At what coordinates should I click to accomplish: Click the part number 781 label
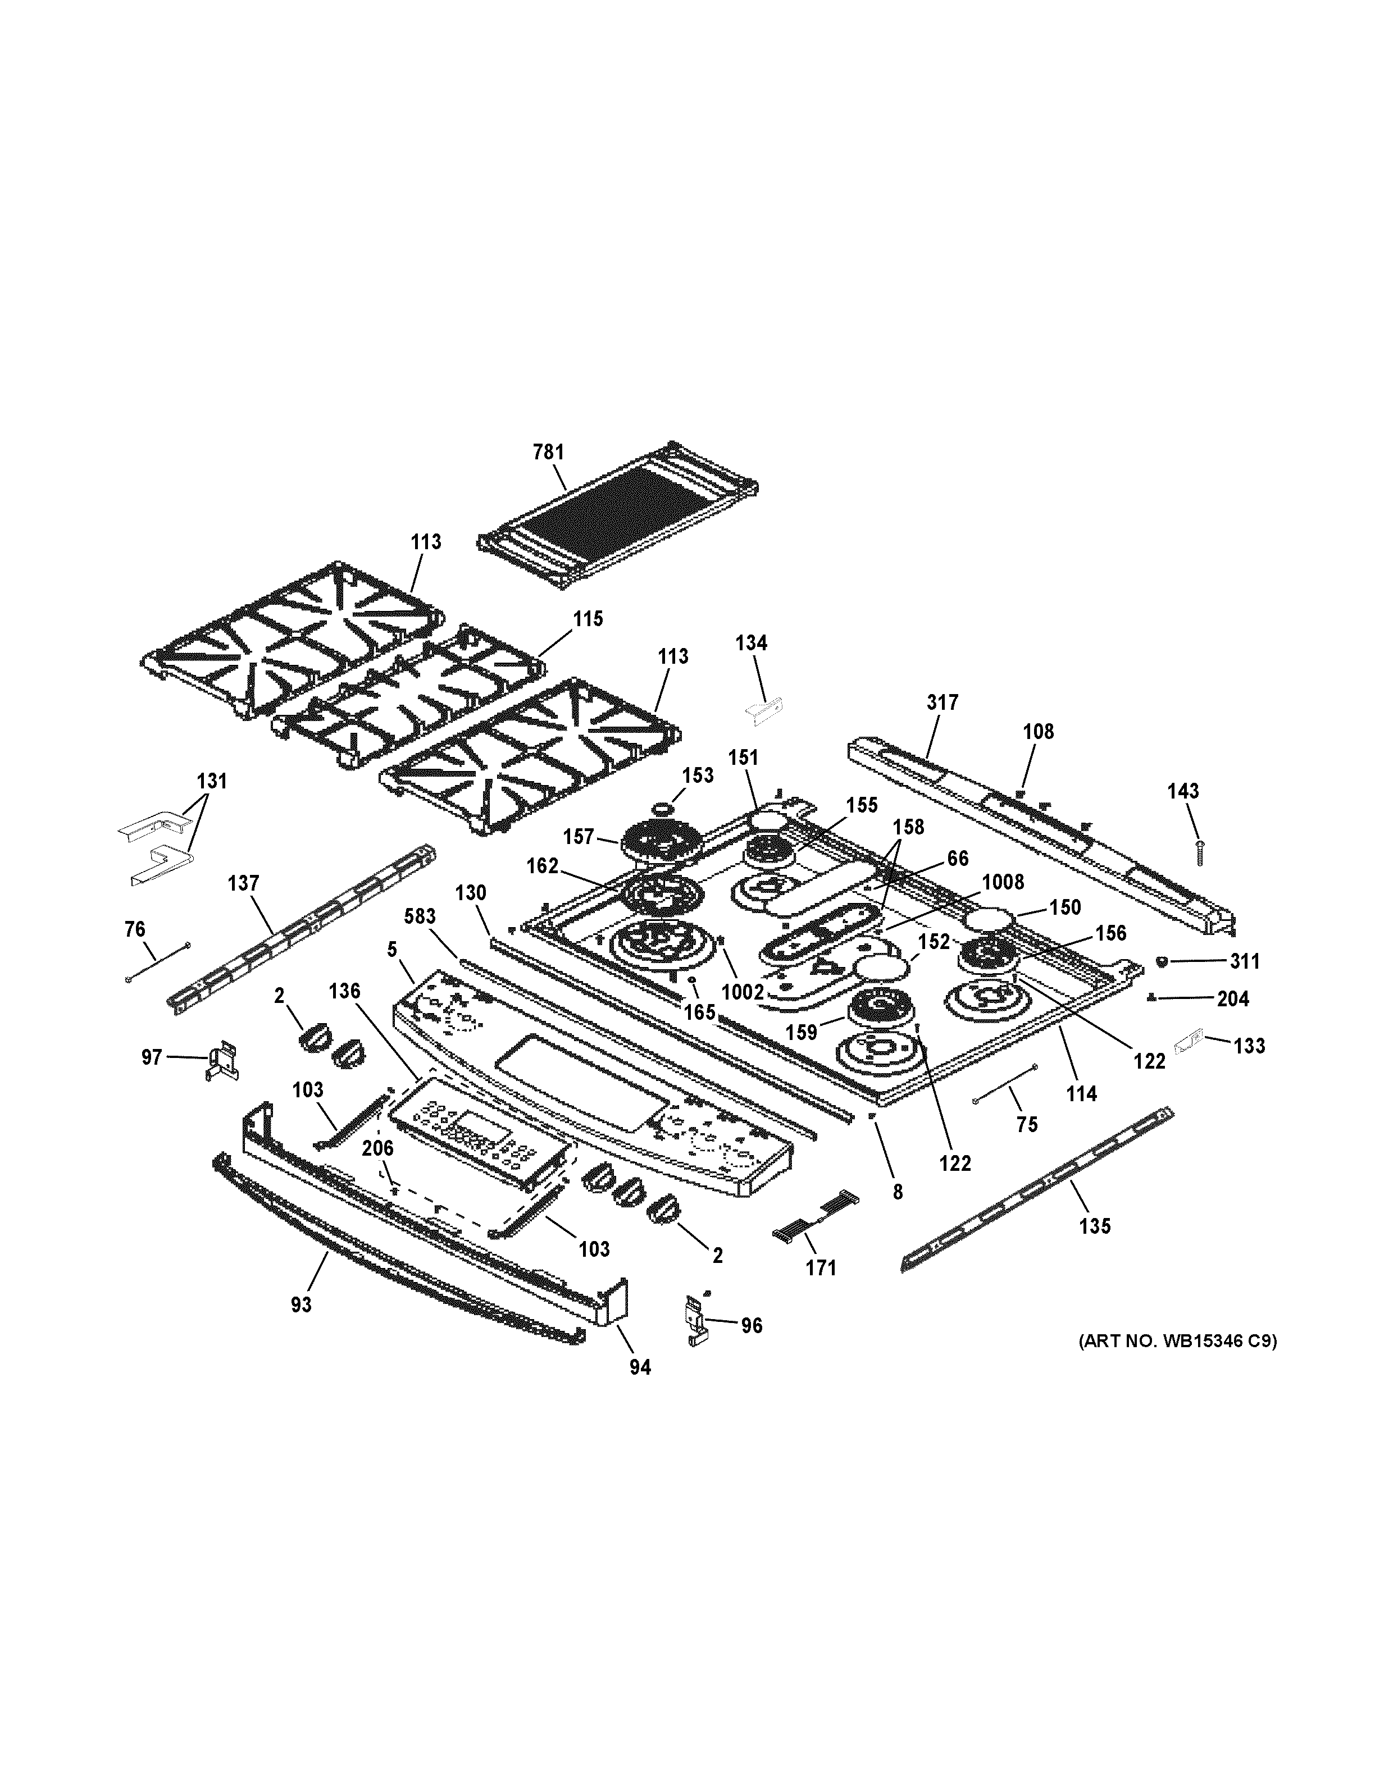point(548,452)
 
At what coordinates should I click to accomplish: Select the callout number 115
point(588,619)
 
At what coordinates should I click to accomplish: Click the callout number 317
point(943,702)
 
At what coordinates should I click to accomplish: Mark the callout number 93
point(302,1305)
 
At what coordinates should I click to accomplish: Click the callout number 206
point(377,1148)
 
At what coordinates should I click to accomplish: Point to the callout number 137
point(244,883)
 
